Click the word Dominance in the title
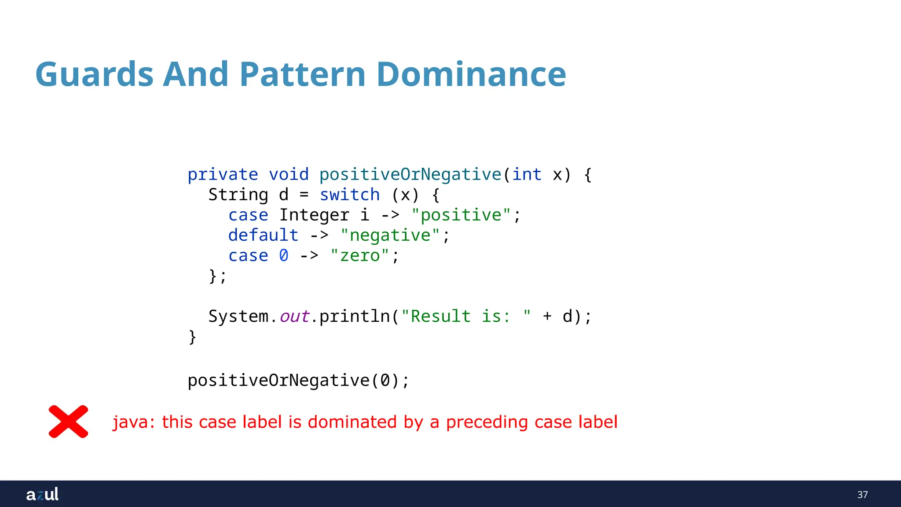tap(471, 74)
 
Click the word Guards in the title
tap(94, 74)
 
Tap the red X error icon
tap(68, 422)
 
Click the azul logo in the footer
tap(42, 494)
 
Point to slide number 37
tap(862, 495)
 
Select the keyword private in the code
tap(223, 175)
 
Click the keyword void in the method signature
tap(289, 175)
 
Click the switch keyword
tap(350, 195)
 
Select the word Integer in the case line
tap(314, 215)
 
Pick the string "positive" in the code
tap(461, 215)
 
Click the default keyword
tap(263, 235)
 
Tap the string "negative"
tap(390, 235)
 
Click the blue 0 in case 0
tap(284, 256)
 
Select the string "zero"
tap(359, 256)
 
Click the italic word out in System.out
tap(294, 316)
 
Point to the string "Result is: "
tap(465, 316)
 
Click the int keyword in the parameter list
tap(527, 175)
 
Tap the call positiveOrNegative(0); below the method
tap(298, 381)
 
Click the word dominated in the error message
tap(352, 422)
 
